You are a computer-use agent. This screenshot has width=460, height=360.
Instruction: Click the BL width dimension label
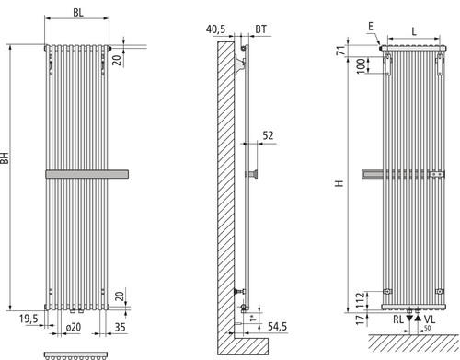click(78, 13)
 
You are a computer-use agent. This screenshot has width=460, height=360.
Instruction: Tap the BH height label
click(5, 157)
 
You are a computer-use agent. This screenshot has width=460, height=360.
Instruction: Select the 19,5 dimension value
click(29, 319)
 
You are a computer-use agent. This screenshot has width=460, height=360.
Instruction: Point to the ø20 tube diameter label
click(74, 327)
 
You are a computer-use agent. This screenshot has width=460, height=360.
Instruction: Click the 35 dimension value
click(120, 327)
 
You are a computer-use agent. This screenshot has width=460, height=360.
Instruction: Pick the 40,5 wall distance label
click(215, 29)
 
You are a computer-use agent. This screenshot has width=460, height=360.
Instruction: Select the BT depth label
click(260, 29)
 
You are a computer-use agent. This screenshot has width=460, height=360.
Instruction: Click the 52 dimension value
click(268, 135)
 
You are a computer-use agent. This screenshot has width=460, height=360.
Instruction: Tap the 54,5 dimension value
click(278, 327)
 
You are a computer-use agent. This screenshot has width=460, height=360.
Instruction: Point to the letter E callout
click(371, 27)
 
